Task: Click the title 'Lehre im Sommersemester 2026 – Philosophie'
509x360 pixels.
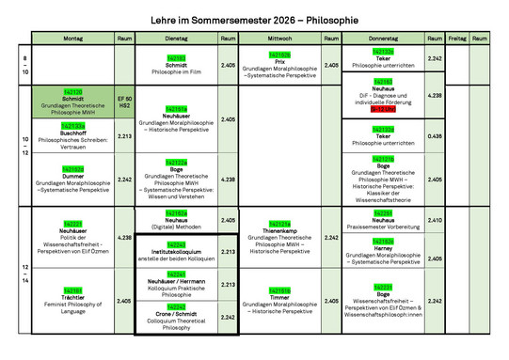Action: (x=254, y=19)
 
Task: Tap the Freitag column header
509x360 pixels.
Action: (x=456, y=38)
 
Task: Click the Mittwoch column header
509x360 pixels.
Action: (x=279, y=38)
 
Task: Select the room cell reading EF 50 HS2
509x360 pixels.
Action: (x=125, y=102)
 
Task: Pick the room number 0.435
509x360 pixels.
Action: (x=434, y=136)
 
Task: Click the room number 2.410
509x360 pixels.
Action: (x=434, y=220)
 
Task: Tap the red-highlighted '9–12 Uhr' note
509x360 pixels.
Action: (x=383, y=109)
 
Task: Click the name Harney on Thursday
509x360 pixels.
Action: (x=383, y=249)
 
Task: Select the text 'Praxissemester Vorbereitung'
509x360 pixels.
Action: (x=383, y=227)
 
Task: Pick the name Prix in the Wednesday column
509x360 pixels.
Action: (x=279, y=62)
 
